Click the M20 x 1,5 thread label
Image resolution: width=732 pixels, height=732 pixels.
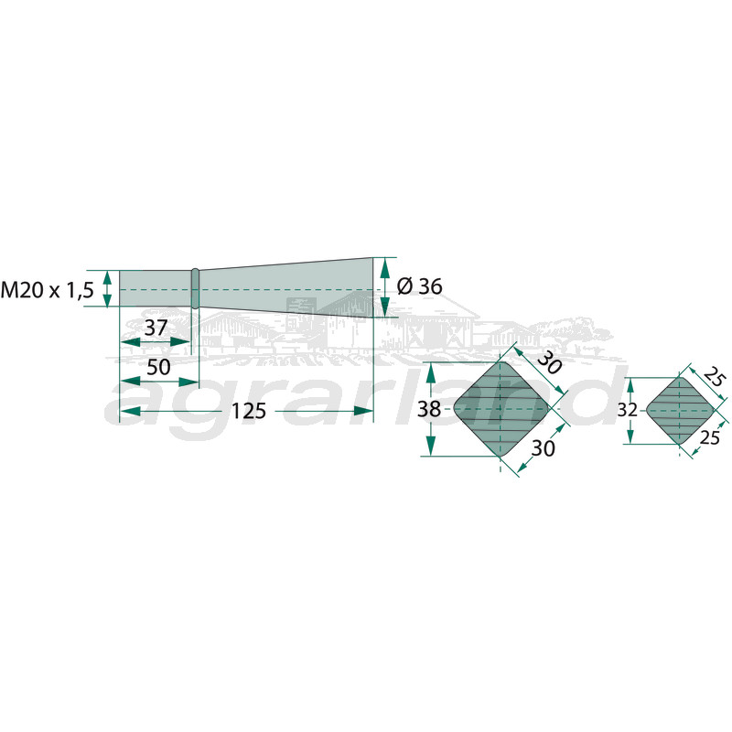[x=48, y=290]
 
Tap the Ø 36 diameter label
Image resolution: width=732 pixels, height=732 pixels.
[x=419, y=286]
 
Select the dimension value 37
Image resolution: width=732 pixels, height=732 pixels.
[x=156, y=328]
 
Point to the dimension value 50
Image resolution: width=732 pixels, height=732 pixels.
[x=158, y=368]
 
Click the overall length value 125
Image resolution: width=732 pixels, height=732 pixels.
[x=249, y=411]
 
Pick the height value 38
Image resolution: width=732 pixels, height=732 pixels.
[x=429, y=409]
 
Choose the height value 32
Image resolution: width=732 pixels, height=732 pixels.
[x=627, y=410]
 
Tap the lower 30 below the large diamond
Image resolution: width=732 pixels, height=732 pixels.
[x=544, y=448]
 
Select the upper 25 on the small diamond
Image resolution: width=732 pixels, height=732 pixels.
[x=715, y=377]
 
